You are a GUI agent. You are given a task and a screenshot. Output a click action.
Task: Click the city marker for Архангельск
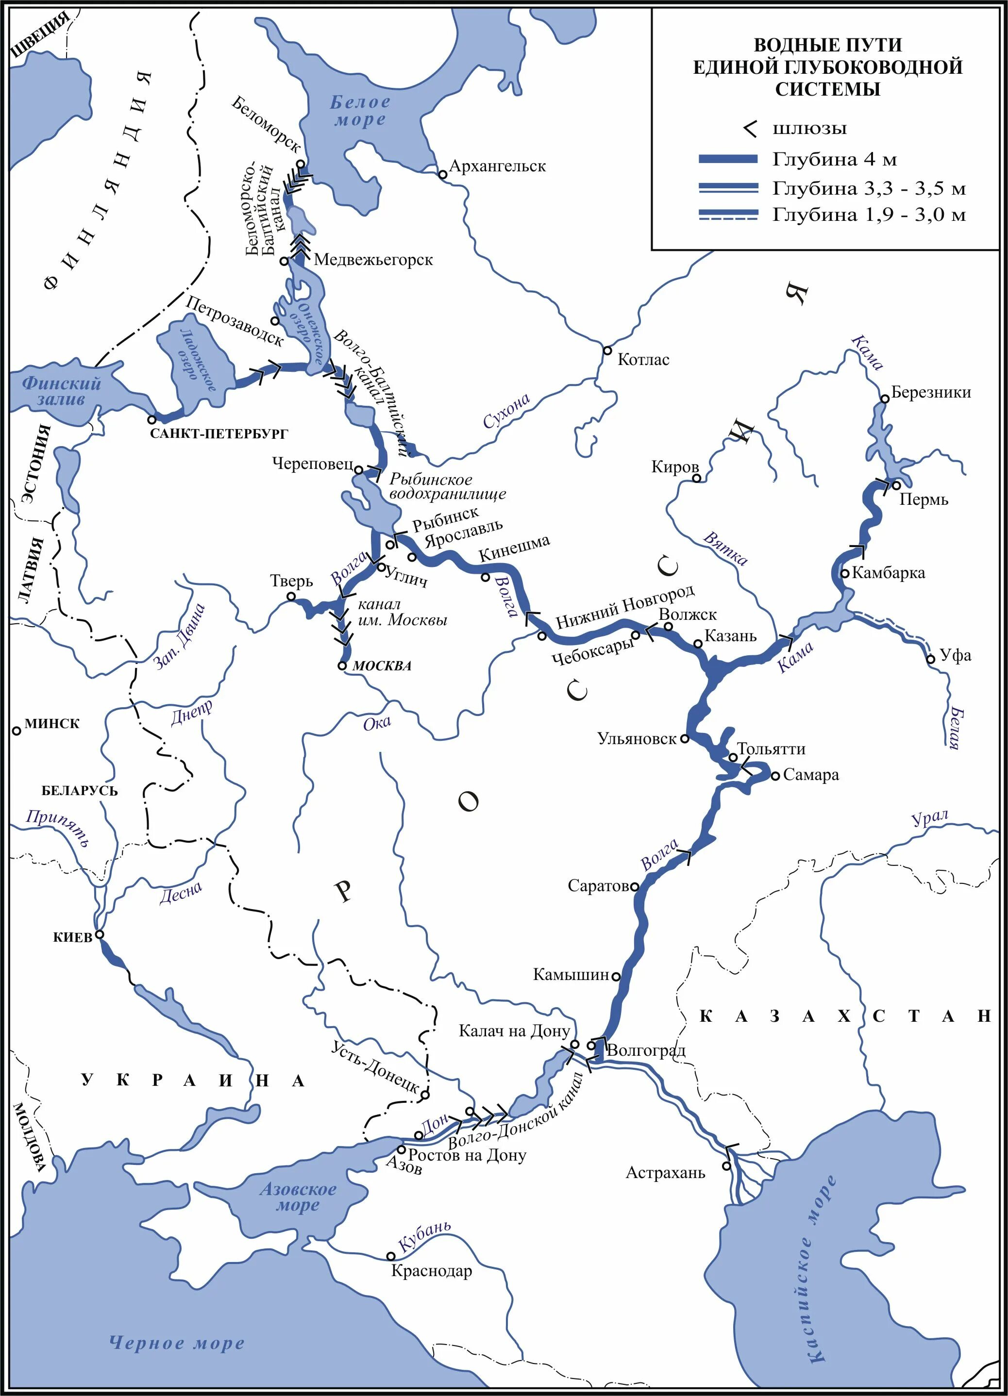[x=442, y=175]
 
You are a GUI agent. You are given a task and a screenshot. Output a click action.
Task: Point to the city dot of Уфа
[x=930, y=660]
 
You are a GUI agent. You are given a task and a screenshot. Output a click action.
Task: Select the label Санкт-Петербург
[x=218, y=434]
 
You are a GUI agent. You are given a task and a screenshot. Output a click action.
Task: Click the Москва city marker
[x=342, y=665]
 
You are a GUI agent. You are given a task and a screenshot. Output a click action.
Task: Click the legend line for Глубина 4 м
[x=728, y=159]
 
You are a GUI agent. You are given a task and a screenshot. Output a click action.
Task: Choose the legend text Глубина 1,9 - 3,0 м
[x=869, y=215]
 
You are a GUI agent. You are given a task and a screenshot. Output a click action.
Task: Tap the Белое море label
[x=360, y=111]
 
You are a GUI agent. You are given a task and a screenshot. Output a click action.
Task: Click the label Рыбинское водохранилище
[x=448, y=486]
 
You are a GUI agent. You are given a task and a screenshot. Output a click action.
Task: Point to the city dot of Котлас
[x=606, y=350]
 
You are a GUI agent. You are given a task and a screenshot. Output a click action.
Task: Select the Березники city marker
[x=884, y=399]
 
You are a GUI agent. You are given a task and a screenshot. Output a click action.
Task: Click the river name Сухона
[x=506, y=411]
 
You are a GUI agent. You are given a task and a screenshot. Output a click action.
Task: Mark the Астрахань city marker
[x=727, y=1166]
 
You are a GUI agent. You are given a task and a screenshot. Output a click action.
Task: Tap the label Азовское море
[x=298, y=1197]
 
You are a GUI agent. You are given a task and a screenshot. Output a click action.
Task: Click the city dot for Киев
[x=99, y=934]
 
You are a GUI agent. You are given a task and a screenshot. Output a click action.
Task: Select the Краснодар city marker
[x=390, y=1256]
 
